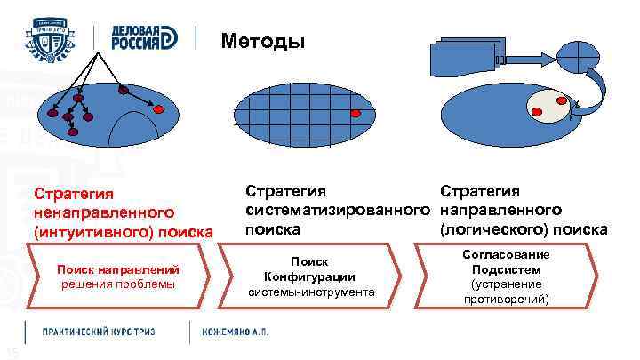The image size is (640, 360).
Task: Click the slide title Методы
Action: (x=263, y=41)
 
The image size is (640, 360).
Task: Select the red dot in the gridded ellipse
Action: (x=355, y=114)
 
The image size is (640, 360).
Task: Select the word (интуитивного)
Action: (x=88, y=232)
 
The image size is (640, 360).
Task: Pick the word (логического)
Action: (x=492, y=229)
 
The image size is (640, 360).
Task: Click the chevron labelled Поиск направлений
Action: (x=118, y=276)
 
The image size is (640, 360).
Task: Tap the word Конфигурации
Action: (x=310, y=276)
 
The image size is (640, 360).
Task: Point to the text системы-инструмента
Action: (x=310, y=292)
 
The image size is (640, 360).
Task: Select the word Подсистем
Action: (x=507, y=269)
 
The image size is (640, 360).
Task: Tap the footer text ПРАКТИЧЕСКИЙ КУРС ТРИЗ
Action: (x=99, y=332)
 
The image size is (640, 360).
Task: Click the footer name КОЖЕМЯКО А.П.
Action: (x=237, y=332)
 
